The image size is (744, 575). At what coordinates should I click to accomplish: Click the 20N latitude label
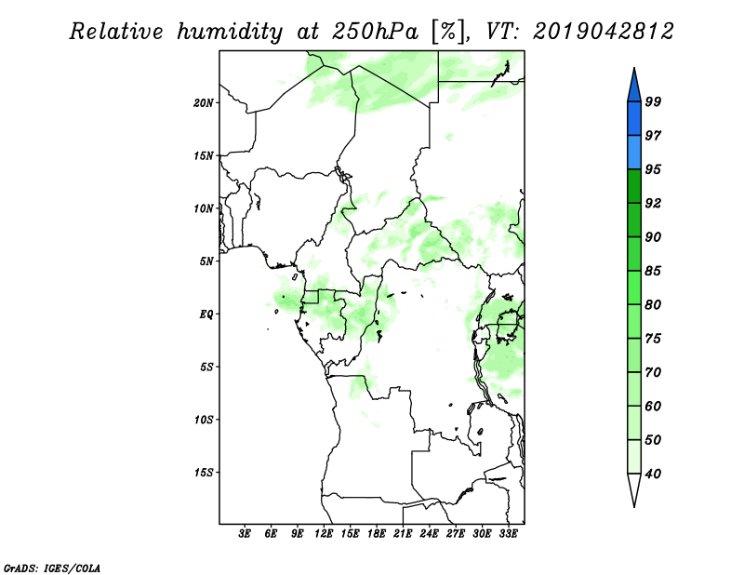point(204,103)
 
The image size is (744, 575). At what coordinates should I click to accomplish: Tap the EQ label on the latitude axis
point(206,314)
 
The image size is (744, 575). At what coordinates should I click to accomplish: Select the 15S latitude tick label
point(204,473)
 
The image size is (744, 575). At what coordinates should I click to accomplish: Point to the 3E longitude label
point(245,534)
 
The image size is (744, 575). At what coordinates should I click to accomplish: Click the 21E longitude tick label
point(403,534)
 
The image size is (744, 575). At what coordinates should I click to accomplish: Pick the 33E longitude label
point(508,534)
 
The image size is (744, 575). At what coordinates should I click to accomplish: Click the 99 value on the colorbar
point(653,101)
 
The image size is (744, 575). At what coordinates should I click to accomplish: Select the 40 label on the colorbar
point(653,474)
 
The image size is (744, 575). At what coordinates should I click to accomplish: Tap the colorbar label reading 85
point(653,271)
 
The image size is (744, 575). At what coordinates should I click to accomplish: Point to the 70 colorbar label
point(653,372)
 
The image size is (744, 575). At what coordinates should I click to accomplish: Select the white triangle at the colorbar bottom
point(634,488)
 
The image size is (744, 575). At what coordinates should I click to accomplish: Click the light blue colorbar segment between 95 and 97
point(634,153)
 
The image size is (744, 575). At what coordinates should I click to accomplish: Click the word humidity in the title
point(230,32)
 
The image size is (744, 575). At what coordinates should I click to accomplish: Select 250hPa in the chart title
point(375,32)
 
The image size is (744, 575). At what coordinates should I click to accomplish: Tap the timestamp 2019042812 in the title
point(603,32)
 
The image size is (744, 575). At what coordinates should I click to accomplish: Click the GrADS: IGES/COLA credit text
point(52,568)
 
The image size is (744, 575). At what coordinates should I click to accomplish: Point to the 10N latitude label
point(204,209)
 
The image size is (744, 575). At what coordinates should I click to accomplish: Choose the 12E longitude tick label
point(324,534)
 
